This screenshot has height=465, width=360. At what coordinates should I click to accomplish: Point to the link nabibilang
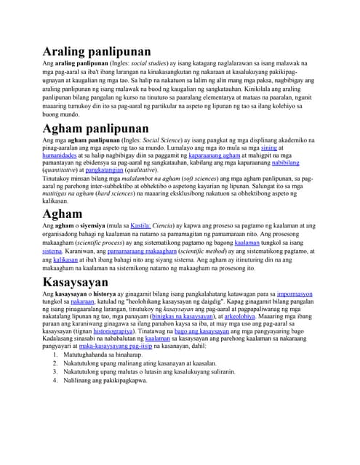click(x=297, y=164)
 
